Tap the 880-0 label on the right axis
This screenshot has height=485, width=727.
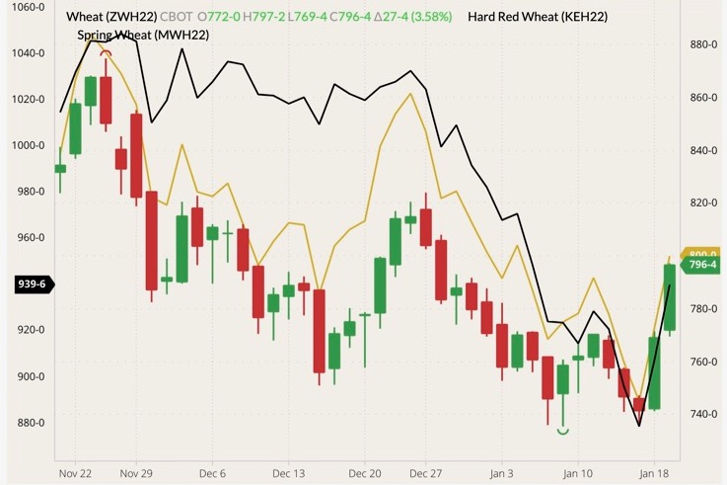(702, 45)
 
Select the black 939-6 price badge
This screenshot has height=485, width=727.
(31, 284)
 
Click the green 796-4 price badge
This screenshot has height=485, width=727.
(702, 265)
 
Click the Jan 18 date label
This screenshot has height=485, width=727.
(653, 473)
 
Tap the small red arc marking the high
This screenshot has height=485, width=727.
(106, 52)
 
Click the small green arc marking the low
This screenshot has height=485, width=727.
(563, 431)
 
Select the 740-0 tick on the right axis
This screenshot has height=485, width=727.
(702, 414)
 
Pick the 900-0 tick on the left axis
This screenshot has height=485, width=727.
(29, 376)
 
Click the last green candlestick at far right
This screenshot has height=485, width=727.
(669, 296)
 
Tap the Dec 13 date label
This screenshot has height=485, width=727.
(288, 473)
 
